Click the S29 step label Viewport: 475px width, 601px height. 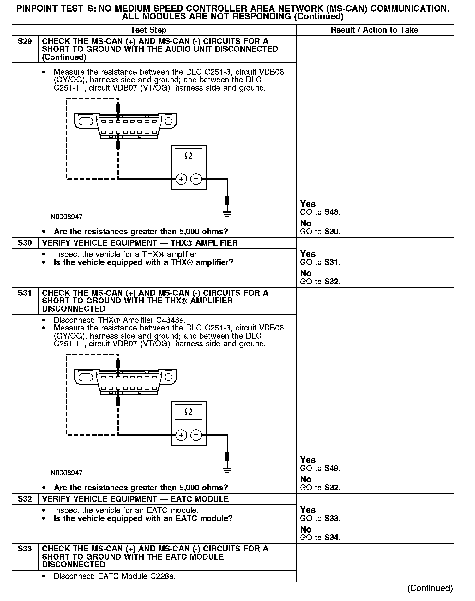[25, 41]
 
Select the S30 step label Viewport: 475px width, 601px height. [25, 243]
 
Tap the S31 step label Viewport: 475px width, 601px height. [25, 293]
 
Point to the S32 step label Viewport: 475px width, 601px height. [25, 499]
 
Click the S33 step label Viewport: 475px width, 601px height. [25, 549]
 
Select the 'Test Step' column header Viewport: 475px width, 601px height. [148, 30]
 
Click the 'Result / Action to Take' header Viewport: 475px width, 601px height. [374, 30]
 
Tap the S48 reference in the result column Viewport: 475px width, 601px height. [332, 212]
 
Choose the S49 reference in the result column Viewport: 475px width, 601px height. [332, 468]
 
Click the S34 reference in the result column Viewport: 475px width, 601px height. [332, 537]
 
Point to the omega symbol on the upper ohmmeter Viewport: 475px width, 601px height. [188, 156]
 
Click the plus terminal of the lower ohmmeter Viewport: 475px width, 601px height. [181, 435]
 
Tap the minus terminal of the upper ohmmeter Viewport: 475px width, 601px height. [196, 179]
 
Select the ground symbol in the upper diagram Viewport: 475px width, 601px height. [227, 214]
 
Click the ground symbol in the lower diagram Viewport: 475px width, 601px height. [227, 470]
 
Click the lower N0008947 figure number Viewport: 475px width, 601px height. [66, 473]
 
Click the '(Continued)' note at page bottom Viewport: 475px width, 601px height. [430, 588]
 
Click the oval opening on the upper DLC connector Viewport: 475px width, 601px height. [86, 121]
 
